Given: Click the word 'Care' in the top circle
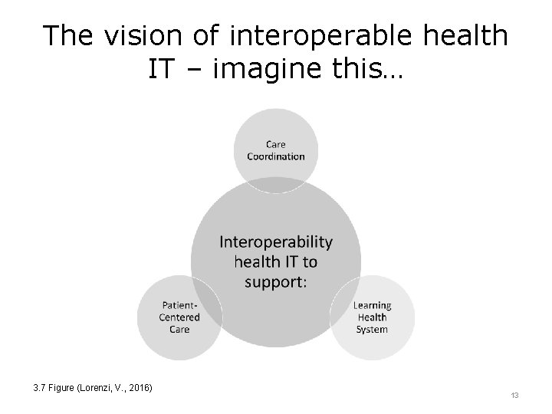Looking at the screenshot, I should click(x=276, y=144).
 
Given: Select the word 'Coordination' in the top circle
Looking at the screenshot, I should click(x=276, y=156).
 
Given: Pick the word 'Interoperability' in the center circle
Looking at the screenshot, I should click(x=276, y=242).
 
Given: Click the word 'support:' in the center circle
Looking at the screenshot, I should click(x=276, y=281).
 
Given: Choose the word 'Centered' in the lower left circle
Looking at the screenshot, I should click(x=179, y=317).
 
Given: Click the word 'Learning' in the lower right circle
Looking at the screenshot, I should click(x=372, y=306).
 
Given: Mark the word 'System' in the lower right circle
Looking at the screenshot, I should click(x=372, y=330).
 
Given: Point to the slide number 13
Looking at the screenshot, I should click(x=514, y=395).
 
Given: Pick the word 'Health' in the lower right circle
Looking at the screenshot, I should click(x=372, y=317).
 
